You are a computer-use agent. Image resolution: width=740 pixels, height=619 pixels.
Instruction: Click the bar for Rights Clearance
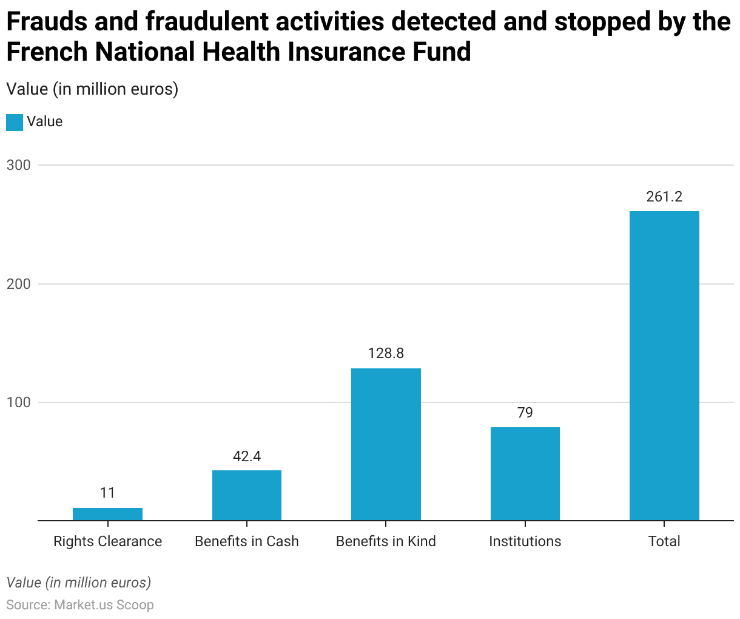click(x=107, y=514)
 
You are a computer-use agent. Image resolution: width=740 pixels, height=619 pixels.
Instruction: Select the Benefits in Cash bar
click(x=247, y=495)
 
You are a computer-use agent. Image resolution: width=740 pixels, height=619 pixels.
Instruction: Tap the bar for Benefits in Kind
click(x=386, y=444)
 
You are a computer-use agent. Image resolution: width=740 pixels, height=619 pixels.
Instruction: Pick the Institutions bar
click(x=525, y=473)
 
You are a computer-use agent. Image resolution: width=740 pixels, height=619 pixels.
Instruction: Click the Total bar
click(x=664, y=365)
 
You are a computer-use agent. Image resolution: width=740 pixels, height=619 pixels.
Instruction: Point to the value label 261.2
click(x=664, y=197)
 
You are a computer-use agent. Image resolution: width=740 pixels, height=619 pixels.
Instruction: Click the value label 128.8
click(x=386, y=353)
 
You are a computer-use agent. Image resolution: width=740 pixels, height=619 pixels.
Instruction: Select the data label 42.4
click(x=247, y=456)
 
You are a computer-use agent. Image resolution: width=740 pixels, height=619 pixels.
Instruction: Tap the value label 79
click(x=525, y=413)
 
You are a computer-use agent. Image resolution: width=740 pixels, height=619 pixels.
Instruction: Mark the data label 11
click(x=107, y=493)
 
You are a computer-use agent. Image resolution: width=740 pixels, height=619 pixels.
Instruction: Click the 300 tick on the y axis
click(x=18, y=165)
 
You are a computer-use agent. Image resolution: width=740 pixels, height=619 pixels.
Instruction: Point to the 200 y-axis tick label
click(x=18, y=284)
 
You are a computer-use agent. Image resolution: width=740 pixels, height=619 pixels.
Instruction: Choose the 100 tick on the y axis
click(x=18, y=402)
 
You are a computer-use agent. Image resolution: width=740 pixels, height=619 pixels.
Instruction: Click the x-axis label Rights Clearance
click(x=107, y=541)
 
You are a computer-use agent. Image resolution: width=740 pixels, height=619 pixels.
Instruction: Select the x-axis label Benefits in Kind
click(x=386, y=541)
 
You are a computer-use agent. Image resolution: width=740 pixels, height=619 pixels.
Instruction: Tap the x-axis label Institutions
click(x=525, y=541)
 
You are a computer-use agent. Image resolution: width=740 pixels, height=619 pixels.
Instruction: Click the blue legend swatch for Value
click(x=15, y=122)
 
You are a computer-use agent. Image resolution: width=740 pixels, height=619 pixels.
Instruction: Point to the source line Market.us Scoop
click(x=80, y=605)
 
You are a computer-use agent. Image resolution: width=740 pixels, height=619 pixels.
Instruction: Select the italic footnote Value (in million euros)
click(x=79, y=583)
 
